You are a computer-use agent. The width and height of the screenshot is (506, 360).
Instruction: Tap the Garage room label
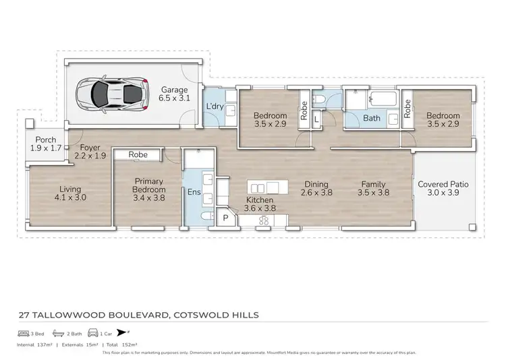point(174,94)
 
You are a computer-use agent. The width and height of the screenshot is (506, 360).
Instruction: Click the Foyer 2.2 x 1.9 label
point(90,151)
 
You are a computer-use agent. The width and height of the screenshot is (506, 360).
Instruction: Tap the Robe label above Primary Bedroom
point(138,154)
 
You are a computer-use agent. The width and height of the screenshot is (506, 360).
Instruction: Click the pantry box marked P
point(225,218)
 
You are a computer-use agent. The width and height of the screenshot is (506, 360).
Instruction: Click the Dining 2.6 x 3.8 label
point(316,189)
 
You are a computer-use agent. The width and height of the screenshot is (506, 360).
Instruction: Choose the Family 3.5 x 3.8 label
point(373,189)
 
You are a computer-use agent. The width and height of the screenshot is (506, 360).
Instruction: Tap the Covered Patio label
point(443,189)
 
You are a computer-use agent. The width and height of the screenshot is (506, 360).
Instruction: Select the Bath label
point(372,118)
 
